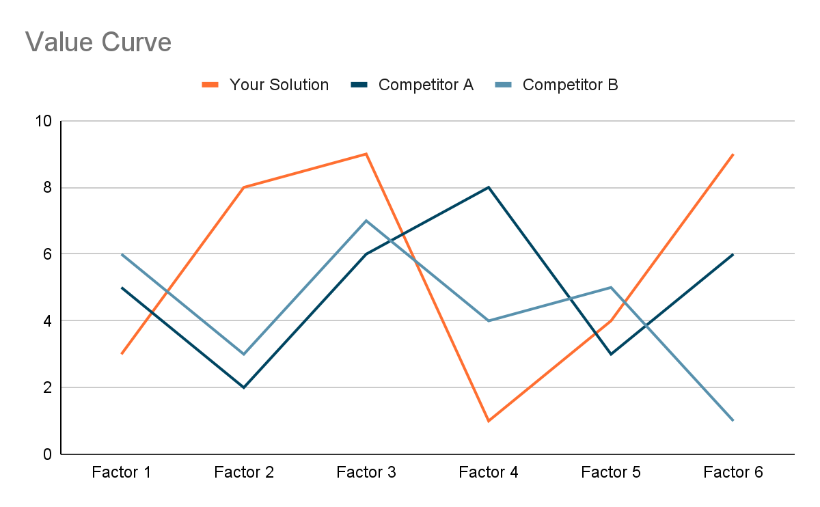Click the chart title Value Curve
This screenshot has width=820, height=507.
tap(98, 42)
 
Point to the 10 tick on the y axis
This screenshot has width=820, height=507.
tap(44, 122)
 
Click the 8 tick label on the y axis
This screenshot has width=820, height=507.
tap(47, 188)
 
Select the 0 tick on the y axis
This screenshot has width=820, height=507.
tap(47, 454)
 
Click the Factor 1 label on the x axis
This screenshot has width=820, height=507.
tap(122, 472)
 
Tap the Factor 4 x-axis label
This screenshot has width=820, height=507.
tap(489, 472)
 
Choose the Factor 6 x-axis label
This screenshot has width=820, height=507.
tap(733, 472)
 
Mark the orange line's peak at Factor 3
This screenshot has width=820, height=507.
tap(366, 154)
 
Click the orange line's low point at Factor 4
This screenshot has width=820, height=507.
tap(489, 421)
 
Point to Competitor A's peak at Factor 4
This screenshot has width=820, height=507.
tap(489, 187)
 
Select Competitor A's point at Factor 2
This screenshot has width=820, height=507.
tap(244, 387)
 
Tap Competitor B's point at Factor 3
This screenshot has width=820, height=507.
tap(366, 221)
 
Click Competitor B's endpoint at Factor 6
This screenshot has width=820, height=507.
tap(733, 420)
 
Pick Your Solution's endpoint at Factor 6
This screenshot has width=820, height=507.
tap(733, 154)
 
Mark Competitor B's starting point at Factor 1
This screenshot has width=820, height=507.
tap(122, 254)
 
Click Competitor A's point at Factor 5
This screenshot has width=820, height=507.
tap(611, 354)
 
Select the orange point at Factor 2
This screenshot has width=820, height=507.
tap(244, 187)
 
